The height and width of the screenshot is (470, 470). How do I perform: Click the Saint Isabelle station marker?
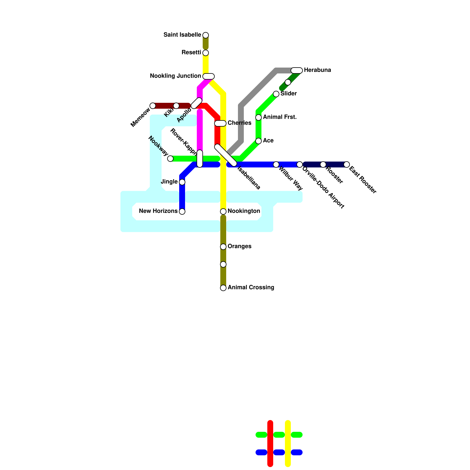206,35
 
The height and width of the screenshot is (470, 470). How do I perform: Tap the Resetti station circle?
206,53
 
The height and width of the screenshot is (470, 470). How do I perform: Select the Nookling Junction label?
175,76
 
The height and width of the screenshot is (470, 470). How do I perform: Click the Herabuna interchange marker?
297,70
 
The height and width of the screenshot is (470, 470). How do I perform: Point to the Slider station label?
288,94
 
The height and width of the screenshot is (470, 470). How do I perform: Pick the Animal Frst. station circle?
258,117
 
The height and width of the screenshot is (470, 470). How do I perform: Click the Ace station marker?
258,141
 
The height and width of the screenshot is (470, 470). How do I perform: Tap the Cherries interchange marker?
220,123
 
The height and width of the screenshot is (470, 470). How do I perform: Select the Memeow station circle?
153,106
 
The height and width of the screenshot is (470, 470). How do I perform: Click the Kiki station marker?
176,106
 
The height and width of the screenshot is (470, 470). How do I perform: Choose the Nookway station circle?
170,159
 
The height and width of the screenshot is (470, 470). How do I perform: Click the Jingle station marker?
182,182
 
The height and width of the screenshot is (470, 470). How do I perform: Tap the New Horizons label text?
158,211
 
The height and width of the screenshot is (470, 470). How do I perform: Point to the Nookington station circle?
223,211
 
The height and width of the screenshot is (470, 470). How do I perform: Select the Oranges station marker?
223,247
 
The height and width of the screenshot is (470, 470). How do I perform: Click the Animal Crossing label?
251,288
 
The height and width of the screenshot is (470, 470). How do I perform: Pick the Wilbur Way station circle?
276,164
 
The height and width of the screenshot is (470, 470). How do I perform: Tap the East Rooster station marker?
347,164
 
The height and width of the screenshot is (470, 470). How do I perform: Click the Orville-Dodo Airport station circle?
300,164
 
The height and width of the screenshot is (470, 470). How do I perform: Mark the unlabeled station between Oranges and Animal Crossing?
223,264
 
